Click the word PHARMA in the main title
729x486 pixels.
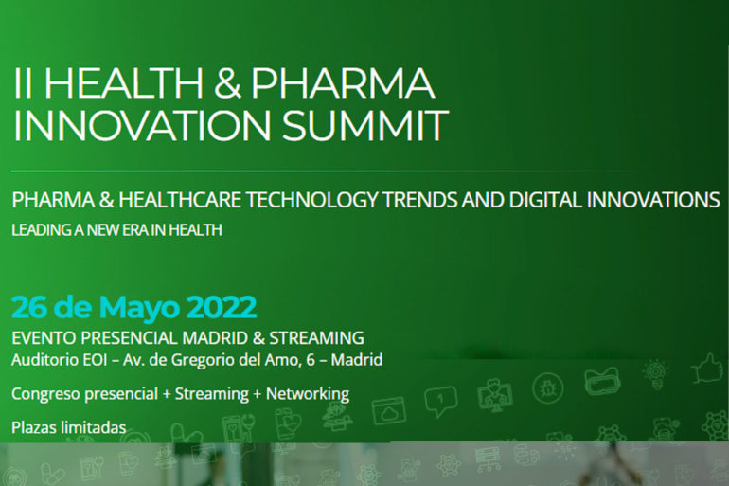pyautogui.click(x=343, y=83)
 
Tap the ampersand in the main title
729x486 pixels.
pyautogui.click(x=227, y=83)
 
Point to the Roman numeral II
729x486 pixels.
pyautogui.click(x=24, y=83)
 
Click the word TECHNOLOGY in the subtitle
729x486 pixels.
pyautogui.click(x=311, y=200)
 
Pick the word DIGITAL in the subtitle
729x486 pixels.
pyautogui.click(x=545, y=200)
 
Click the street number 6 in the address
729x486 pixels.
pyautogui.click(x=311, y=360)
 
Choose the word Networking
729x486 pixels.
pyautogui.click(x=308, y=394)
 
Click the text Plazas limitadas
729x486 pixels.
pyautogui.click(x=69, y=427)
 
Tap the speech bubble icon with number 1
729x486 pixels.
pyautogui.click(x=440, y=401)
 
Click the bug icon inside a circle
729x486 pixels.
pyautogui.click(x=547, y=387)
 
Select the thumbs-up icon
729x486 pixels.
pyautogui.click(x=709, y=369)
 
